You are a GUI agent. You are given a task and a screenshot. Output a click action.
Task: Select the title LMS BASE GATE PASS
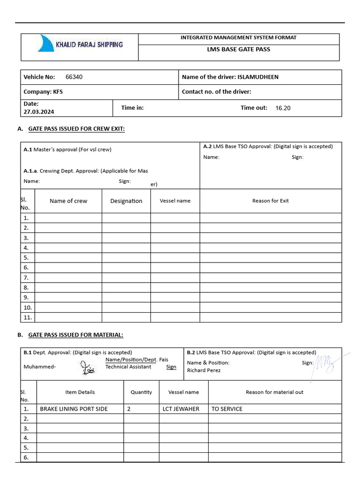(x=239, y=49)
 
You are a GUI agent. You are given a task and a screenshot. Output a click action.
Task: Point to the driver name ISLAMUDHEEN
(x=258, y=77)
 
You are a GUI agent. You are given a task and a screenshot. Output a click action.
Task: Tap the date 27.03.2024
(x=38, y=112)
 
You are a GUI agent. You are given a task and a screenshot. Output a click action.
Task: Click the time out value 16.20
(x=283, y=108)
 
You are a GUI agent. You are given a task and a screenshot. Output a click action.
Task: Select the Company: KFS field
(x=43, y=92)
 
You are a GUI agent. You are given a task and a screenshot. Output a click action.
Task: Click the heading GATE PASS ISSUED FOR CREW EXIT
(x=76, y=128)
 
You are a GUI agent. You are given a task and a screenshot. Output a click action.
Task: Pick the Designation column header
(x=126, y=201)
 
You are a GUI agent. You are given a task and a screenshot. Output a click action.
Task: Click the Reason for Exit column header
(x=270, y=201)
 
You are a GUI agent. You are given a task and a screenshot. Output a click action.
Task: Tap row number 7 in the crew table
(x=26, y=277)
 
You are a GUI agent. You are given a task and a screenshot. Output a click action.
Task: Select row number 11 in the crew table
(x=27, y=317)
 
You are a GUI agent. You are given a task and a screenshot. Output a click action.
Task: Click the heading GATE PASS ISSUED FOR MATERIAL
(x=75, y=335)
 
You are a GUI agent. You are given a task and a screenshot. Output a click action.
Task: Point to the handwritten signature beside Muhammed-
(x=87, y=367)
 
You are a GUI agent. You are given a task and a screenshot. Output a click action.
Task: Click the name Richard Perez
(x=203, y=370)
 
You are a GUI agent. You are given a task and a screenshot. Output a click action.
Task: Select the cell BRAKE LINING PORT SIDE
(x=74, y=409)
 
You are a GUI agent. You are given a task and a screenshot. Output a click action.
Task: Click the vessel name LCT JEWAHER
(x=180, y=409)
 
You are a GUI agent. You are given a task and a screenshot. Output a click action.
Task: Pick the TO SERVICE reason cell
(x=227, y=409)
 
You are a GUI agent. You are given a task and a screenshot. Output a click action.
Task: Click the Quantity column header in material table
(x=141, y=392)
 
